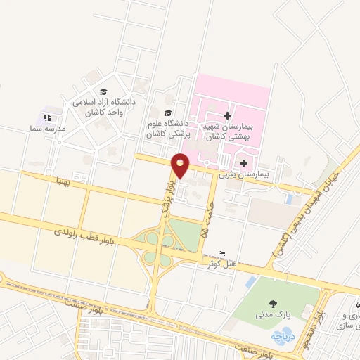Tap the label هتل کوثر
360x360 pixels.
click(x=220, y=264)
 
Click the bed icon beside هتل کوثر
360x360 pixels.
click(x=223, y=254)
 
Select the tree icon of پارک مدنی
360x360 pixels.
click(x=271, y=304)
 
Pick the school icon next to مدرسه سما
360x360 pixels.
click(x=47, y=117)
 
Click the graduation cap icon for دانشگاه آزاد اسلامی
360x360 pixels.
click(x=104, y=92)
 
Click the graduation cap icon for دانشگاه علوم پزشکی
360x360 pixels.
click(x=167, y=112)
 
